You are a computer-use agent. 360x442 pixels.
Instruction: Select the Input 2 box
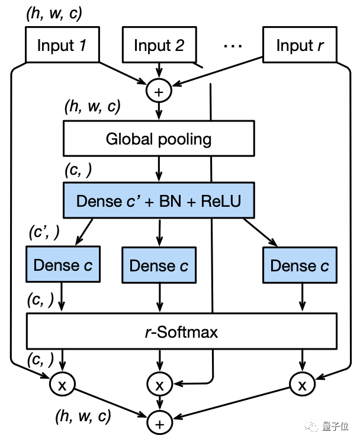pos(159,45)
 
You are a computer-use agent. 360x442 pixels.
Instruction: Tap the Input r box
pos(299,45)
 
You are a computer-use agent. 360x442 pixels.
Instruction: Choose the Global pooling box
pos(159,140)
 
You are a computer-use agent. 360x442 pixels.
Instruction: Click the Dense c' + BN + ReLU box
pos(159,201)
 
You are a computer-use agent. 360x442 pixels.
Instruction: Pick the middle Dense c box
pos(159,265)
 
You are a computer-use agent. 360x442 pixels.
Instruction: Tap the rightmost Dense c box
pos(299,265)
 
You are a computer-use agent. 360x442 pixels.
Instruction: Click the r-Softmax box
pos(181,332)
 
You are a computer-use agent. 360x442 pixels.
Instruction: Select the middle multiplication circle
pos(159,385)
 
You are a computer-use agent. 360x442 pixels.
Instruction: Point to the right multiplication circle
pos(303,385)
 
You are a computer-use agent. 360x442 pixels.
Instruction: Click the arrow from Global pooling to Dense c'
pos(159,168)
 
